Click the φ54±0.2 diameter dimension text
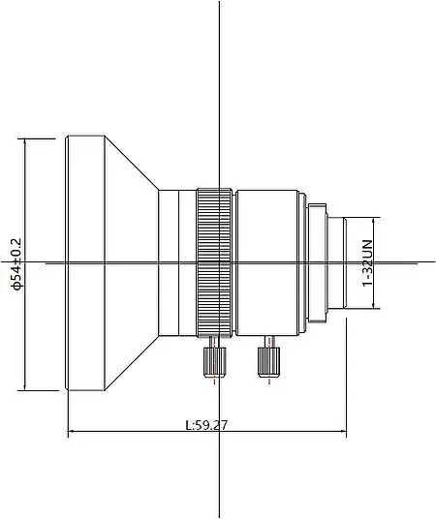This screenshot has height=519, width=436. pyautogui.click(x=15, y=262)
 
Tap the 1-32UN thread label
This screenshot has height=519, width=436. pyautogui.click(x=367, y=262)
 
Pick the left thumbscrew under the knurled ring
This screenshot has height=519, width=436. pyautogui.click(x=213, y=362)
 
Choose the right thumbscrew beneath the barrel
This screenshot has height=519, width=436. pyautogui.click(x=266, y=361)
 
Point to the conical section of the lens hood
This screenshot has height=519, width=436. pyautogui.click(x=131, y=262)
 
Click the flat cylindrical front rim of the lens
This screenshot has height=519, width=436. pyautogui.click(x=85, y=262)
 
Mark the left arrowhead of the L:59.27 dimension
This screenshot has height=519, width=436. pyautogui.click(x=71, y=432)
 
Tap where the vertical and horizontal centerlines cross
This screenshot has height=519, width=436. pyautogui.click(x=221, y=262)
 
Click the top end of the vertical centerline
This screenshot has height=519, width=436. pyautogui.click(x=221, y=3)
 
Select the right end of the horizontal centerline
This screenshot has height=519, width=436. pyautogui.click(x=418, y=262)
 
